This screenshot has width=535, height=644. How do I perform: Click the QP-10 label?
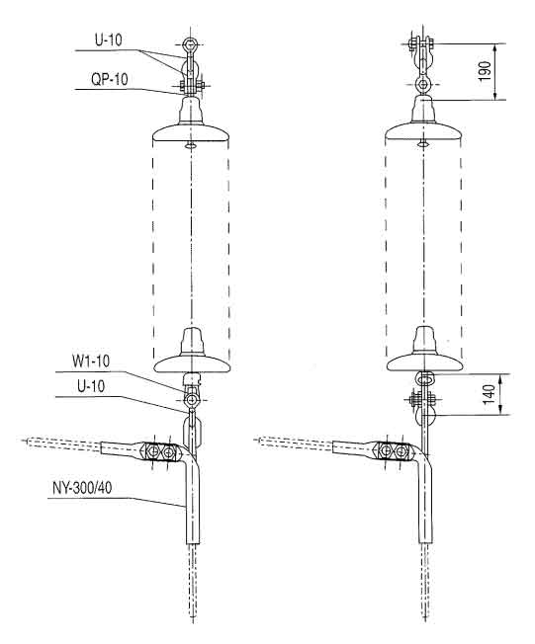(x=110, y=79)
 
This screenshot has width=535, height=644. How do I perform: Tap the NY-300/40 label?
(x=82, y=488)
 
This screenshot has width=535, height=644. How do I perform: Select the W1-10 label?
(x=91, y=362)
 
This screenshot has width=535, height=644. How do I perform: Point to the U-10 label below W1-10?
(x=91, y=386)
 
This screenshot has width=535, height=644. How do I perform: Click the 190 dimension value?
(x=486, y=71)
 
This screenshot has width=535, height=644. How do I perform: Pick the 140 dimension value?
(x=489, y=394)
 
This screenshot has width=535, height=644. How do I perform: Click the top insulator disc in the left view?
(x=191, y=134)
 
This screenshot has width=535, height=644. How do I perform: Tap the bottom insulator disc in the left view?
(x=192, y=363)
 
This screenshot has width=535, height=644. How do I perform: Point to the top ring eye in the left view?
(x=190, y=43)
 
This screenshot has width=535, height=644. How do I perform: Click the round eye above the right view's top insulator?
(x=422, y=85)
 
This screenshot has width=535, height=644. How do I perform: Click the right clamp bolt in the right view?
(x=401, y=451)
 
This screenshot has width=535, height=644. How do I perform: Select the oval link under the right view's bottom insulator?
(x=424, y=376)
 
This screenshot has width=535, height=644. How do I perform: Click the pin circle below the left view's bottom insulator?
(x=191, y=399)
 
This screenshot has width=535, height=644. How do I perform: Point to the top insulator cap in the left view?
(x=191, y=110)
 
